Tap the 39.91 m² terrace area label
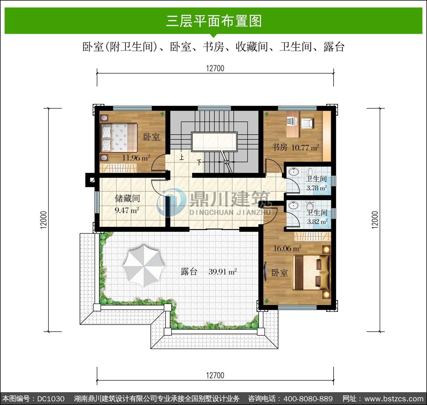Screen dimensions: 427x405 (223, 272)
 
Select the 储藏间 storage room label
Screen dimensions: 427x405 (127, 198)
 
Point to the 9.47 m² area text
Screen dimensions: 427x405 (127, 210)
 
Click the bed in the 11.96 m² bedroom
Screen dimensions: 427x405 (119, 137)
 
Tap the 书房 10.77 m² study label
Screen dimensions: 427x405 (295, 147)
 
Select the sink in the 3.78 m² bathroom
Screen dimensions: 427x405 (294, 172)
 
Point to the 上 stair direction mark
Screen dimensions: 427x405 (182, 157)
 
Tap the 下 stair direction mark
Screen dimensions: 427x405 (199, 162)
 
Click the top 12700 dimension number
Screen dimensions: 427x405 (215, 68)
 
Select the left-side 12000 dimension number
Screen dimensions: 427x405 (44, 220)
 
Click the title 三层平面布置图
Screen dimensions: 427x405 (214, 21)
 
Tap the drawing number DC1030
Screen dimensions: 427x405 (51, 399)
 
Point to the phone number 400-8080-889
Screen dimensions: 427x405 (308, 399)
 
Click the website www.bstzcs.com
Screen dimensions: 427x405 (394, 399)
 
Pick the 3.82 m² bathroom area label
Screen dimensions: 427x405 (317, 221)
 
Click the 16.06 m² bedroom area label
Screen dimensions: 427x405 (287, 248)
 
